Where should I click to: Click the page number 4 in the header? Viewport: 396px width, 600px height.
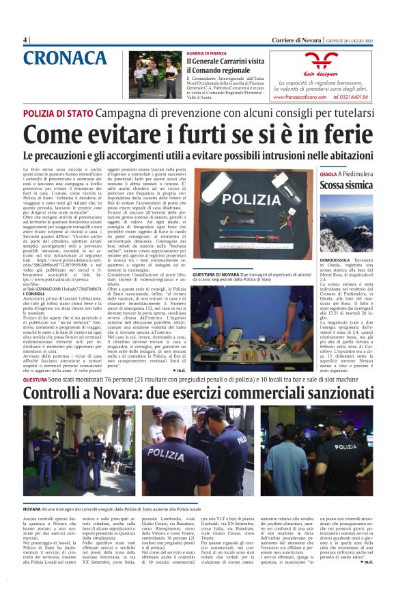pyautogui.click(x=25, y=39)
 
